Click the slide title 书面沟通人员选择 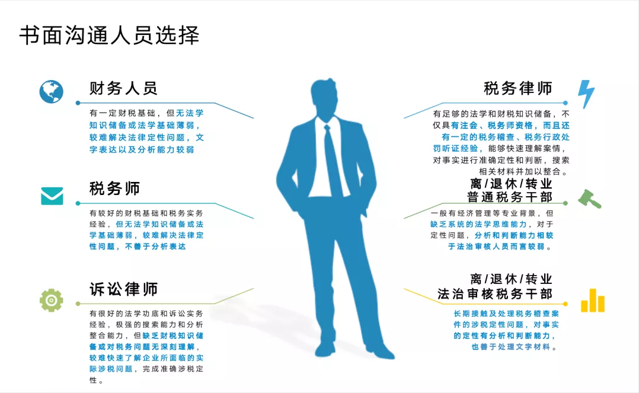coord(109,35)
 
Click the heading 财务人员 coord(123,88)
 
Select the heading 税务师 coord(114,188)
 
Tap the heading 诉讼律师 coord(123,289)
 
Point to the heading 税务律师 coord(518,88)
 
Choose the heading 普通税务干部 coord(509,197)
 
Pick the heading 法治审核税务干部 coord(495,293)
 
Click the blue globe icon coord(52,91)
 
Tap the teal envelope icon coord(52,196)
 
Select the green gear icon coord(52,301)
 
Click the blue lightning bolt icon coord(586,94)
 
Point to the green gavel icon coord(589,199)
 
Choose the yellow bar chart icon coord(593,301)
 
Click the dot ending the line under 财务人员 coord(78,103)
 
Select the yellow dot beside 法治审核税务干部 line coord(565,303)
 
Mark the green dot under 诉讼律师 coord(78,303)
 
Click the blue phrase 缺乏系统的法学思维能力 coord(478,224)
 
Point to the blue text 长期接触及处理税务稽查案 coord(506,314)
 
